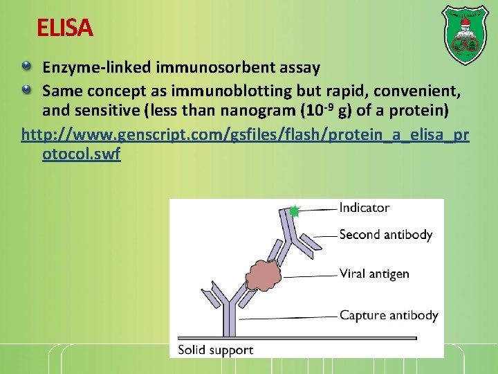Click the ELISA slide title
[64, 28]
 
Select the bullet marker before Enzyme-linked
[26, 66]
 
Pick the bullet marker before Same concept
[26, 89]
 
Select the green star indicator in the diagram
[294, 211]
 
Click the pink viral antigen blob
[261, 274]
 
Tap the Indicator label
[364, 208]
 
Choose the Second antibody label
[385, 235]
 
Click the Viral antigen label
[374, 274]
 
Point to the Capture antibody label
[389, 316]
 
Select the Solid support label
[215, 350]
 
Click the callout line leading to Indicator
[318, 209]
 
